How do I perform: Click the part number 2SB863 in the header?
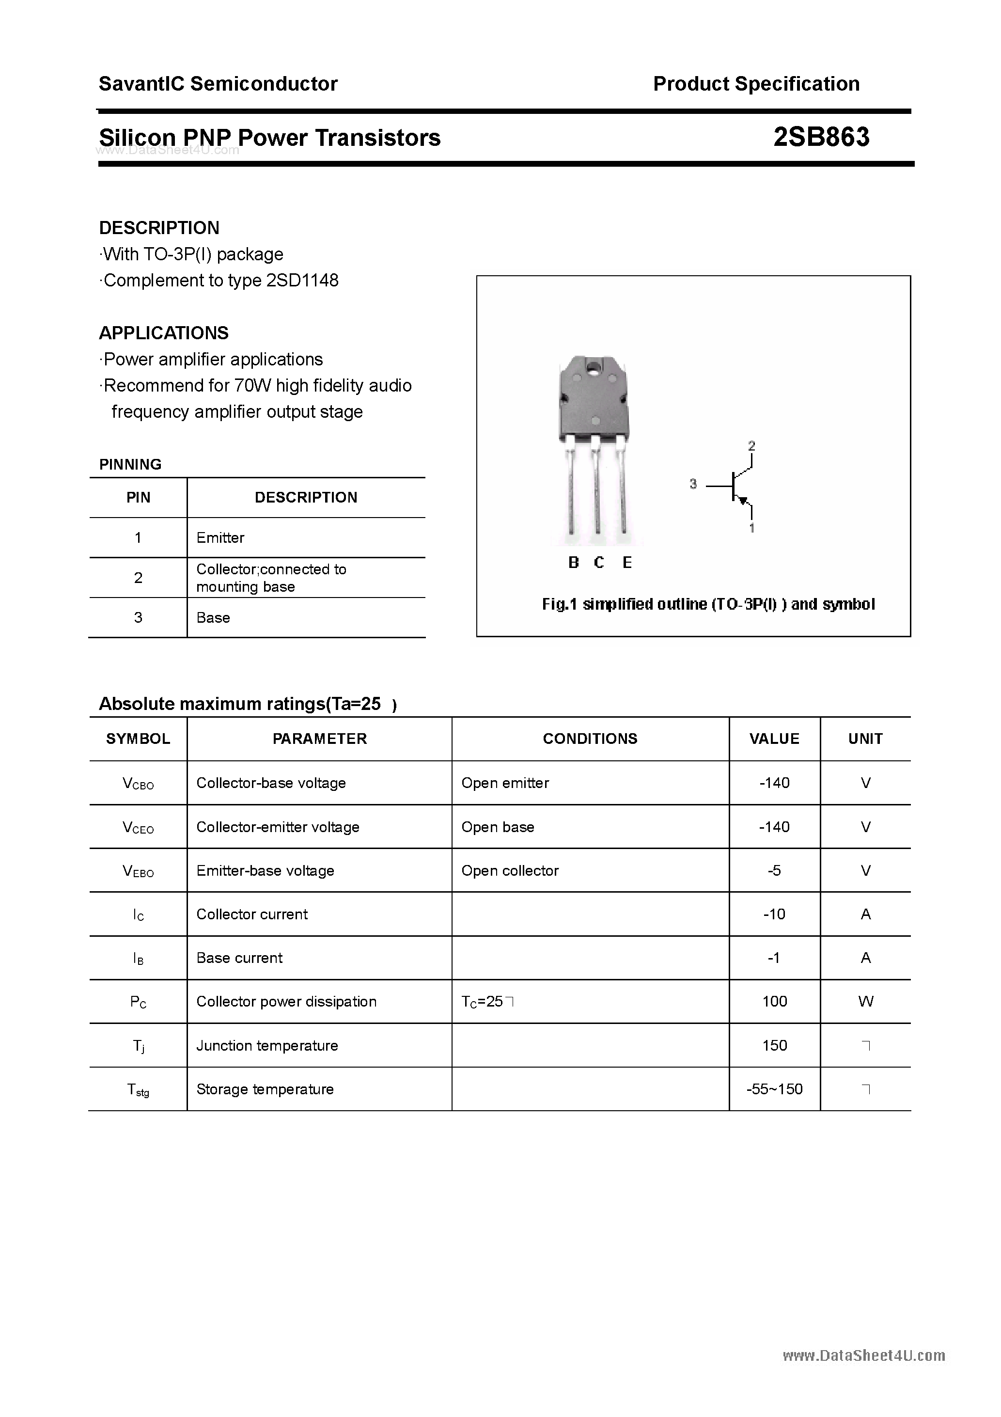(x=821, y=137)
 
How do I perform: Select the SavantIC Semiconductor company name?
(x=218, y=84)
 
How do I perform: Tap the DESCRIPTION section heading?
(x=159, y=228)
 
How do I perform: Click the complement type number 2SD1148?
(x=302, y=280)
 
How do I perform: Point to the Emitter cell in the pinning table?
(x=220, y=537)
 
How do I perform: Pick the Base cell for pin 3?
(x=213, y=618)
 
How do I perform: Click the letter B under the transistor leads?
(x=573, y=562)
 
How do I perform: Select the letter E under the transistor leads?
(x=627, y=562)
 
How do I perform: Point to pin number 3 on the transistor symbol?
(x=693, y=485)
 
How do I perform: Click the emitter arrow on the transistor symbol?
(x=744, y=500)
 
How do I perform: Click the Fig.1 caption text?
(x=708, y=604)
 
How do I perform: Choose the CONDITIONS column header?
(x=590, y=739)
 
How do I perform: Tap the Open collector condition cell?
(x=510, y=870)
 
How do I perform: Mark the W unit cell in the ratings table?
(x=865, y=1002)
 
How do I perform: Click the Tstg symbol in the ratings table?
(x=138, y=1090)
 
